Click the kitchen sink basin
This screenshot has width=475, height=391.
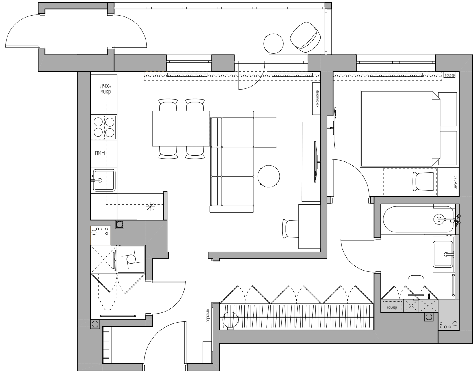click(104, 180)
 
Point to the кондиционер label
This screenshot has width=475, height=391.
click(318, 99)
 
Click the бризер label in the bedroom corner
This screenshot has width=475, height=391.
click(450, 75)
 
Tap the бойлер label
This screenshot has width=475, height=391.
click(392, 307)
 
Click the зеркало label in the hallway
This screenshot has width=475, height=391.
click(208, 316)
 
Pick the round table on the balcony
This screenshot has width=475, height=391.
click(273, 43)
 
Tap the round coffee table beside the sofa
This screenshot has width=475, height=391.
click(269, 176)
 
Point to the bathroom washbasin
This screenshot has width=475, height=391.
click(443, 254)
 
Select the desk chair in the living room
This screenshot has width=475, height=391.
click(290, 229)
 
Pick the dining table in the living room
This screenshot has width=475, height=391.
click(181, 129)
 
